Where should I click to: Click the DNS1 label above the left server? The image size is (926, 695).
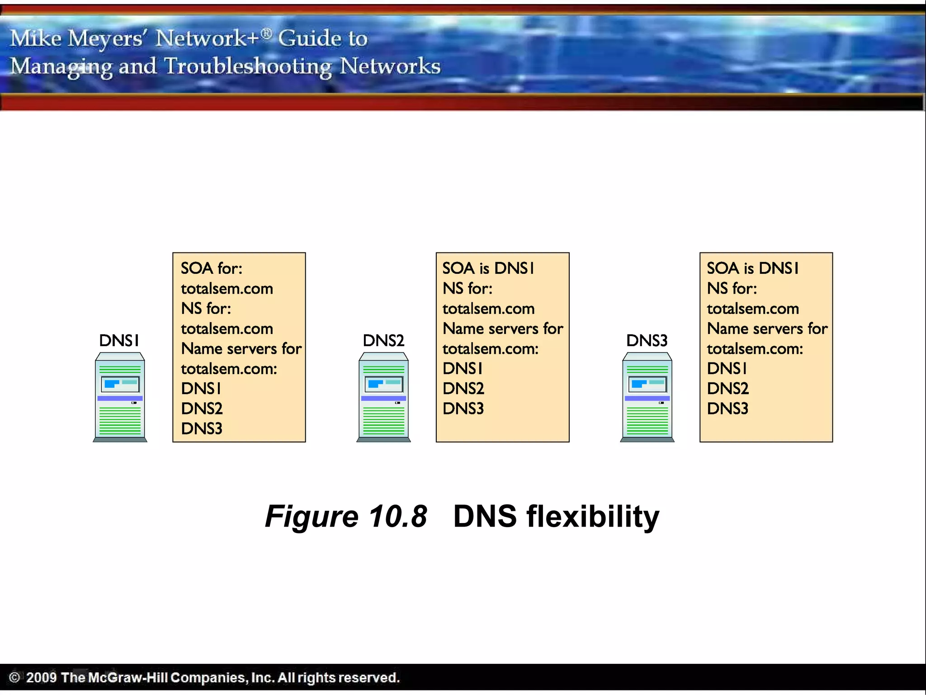point(119,340)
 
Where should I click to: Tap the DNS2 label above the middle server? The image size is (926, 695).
point(383,340)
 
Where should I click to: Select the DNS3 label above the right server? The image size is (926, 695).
point(647,340)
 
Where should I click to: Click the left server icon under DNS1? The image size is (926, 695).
point(120,397)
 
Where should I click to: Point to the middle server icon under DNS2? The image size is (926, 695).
point(383,397)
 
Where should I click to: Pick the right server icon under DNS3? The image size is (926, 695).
point(647,397)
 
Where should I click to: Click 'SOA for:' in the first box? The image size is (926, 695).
point(211,268)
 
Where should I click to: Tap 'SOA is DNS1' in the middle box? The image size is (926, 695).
point(488,268)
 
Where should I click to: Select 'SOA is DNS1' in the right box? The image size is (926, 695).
point(752,268)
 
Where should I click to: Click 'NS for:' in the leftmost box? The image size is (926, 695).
point(206,309)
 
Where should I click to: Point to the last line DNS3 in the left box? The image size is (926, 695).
point(202,428)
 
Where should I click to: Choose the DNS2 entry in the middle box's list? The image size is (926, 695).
point(463,389)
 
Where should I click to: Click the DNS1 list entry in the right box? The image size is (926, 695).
point(727,369)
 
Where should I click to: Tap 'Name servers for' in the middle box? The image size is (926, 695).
point(503,328)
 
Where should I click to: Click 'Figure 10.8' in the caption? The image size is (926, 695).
point(346,516)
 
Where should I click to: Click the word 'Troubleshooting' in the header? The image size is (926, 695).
point(248,67)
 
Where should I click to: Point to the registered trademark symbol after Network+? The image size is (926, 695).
point(267,33)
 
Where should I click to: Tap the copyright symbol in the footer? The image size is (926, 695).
point(14,677)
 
